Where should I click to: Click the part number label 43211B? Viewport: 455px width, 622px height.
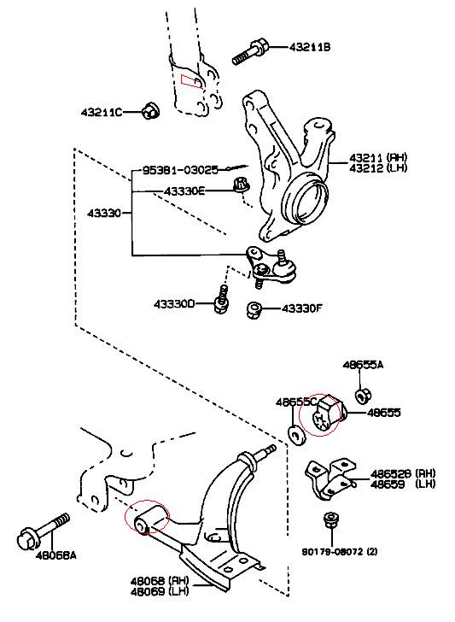(x=310, y=47)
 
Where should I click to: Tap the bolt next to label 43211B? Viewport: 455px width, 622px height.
(x=250, y=52)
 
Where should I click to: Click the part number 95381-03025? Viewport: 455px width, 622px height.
(x=180, y=170)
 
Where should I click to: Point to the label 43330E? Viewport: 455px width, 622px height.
(x=184, y=191)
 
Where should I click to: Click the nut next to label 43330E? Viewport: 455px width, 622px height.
(x=241, y=185)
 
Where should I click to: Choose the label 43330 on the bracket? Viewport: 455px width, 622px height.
(x=104, y=213)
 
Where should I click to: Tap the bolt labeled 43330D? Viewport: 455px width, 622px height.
(x=222, y=300)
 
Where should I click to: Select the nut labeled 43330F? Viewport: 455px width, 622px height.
(x=254, y=310)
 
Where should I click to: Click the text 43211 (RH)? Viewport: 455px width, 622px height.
(x=378, y=157)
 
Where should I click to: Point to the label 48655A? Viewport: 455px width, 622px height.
(x=363, y=365)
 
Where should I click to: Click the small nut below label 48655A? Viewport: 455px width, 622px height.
(x=362, y=396)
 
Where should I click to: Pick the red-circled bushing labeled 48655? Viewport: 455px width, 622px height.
(x=328, y=415)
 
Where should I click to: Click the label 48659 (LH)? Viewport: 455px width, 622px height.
(x=403, y=484)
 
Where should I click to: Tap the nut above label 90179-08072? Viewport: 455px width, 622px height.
(x=330, y=520)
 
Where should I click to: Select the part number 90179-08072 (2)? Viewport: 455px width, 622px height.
(x=340, y=551)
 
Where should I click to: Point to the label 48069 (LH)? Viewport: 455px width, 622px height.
(x=160, y=591)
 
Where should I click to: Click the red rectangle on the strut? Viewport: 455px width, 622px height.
(x=191, y=80)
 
